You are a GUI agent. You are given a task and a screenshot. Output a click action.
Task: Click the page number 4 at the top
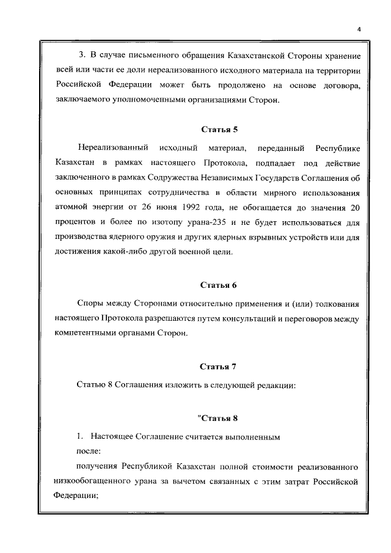click(x=359, y=29)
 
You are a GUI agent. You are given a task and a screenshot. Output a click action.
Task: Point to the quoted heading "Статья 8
click(x=217, y=419)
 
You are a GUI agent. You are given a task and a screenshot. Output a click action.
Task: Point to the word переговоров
click(x=310, y=319)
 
